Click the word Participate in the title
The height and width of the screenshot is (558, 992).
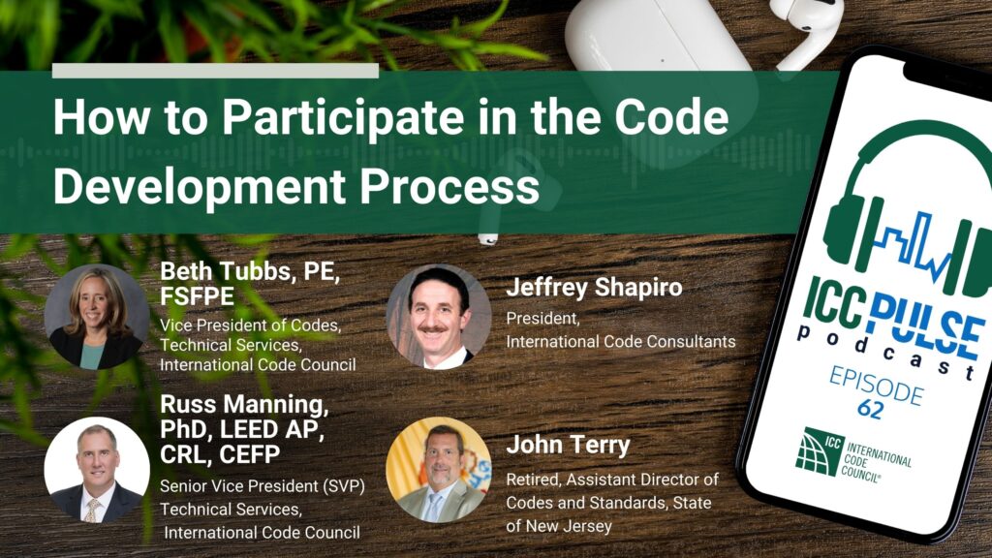(344, 118)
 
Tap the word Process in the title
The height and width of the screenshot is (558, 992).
(449, 187)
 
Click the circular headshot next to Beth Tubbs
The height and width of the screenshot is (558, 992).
(97, 317)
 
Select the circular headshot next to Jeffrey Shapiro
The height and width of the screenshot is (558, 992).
(439, 317)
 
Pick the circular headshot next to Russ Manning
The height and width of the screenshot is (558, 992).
(97, 470)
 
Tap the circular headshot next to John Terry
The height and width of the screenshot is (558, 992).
(439, 470)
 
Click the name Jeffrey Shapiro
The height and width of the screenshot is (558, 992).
(594, 288)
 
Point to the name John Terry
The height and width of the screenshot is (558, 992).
(568, 445)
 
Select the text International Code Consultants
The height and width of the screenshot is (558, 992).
(621, 342)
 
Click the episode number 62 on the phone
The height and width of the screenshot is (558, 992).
(871, 409)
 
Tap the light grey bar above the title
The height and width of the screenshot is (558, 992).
(215, 70)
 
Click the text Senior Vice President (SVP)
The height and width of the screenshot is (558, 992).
(262, 486)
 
